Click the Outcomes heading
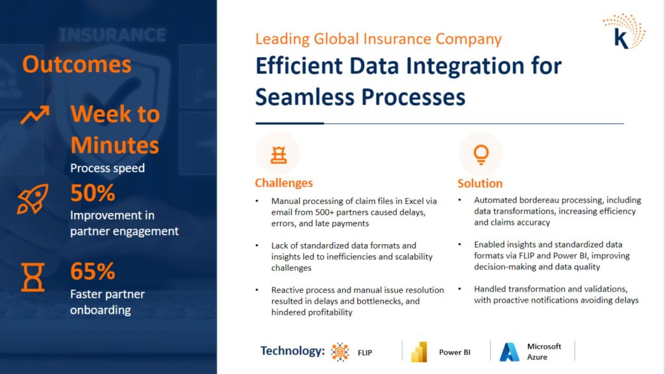77,64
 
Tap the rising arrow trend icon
35,114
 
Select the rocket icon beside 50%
32,199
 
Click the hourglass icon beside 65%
32,277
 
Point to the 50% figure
92,193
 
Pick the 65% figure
92,271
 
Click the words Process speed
107,168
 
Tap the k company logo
624,32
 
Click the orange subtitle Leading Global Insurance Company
379,39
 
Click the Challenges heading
284,182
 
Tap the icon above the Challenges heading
279,155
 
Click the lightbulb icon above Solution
481,155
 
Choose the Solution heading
480,183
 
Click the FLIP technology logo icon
340,352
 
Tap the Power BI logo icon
419,352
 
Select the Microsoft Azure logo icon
509,352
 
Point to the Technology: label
292,351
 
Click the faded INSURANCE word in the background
112,35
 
